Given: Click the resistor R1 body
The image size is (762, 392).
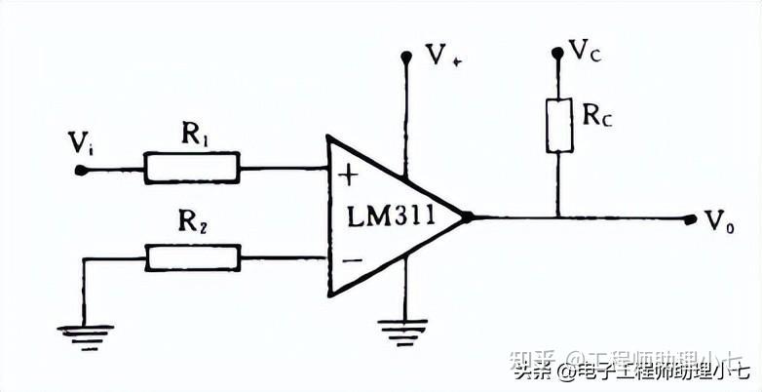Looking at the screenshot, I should [x=192, y=168].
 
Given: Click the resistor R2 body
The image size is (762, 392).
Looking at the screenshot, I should [x=192, y=257].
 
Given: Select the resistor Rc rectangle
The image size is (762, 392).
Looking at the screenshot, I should [x=559, y=124].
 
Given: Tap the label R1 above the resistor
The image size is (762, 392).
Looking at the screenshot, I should [x=194, y=136].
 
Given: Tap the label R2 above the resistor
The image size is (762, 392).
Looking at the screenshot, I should [x=194, y=225].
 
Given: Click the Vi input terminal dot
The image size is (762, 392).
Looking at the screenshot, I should [x=81, y=169].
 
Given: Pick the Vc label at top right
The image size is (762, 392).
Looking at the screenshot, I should [x=585, y=51].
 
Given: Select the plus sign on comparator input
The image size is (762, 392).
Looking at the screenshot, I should [x=348, y=176].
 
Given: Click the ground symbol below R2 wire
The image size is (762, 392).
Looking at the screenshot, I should [x=85, y=332].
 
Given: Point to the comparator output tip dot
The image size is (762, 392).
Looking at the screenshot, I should [x=466, y=216].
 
